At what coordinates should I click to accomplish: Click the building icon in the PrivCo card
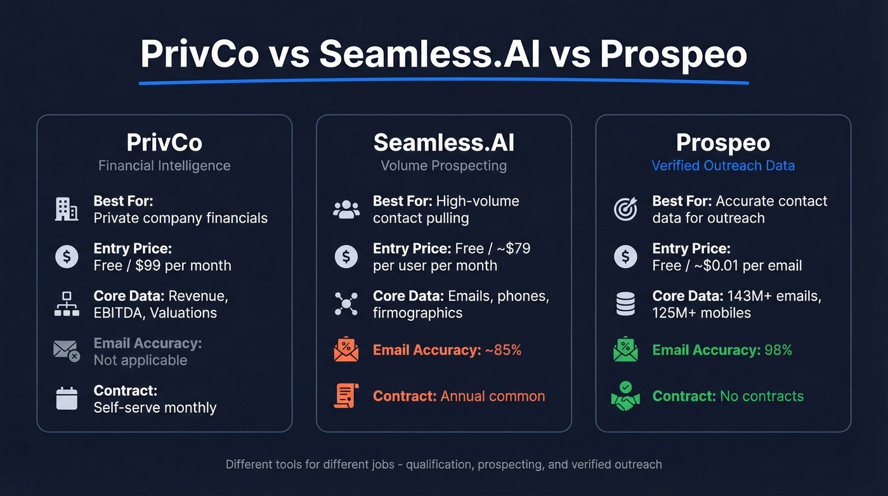[67, 209]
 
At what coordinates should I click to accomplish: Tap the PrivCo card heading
[164, 142]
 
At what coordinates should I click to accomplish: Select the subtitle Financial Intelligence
[164, 166]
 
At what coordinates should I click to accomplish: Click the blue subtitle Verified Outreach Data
[723, 166]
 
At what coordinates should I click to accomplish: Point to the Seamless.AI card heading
[444, 142]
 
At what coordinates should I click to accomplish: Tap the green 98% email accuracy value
[778, 350]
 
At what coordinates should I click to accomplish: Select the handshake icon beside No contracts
[625, 396]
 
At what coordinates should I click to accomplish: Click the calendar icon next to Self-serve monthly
[67, 399]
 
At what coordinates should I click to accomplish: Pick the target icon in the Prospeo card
[625, 209]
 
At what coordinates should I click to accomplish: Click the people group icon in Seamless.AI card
[346, 210]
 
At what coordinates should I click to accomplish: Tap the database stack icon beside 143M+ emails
[625, 304]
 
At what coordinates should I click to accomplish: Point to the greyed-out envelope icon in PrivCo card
[67, 351]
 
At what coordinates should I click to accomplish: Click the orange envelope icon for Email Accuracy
[346, 350]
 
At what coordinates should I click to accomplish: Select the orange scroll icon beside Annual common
[346, 396]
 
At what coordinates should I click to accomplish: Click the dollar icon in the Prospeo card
[625, 257]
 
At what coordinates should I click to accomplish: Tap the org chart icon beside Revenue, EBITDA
[67, 304]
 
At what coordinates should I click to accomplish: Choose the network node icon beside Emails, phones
[346, 304]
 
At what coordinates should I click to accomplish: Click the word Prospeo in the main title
[674, 55]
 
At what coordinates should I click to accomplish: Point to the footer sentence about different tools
[444, 464]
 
